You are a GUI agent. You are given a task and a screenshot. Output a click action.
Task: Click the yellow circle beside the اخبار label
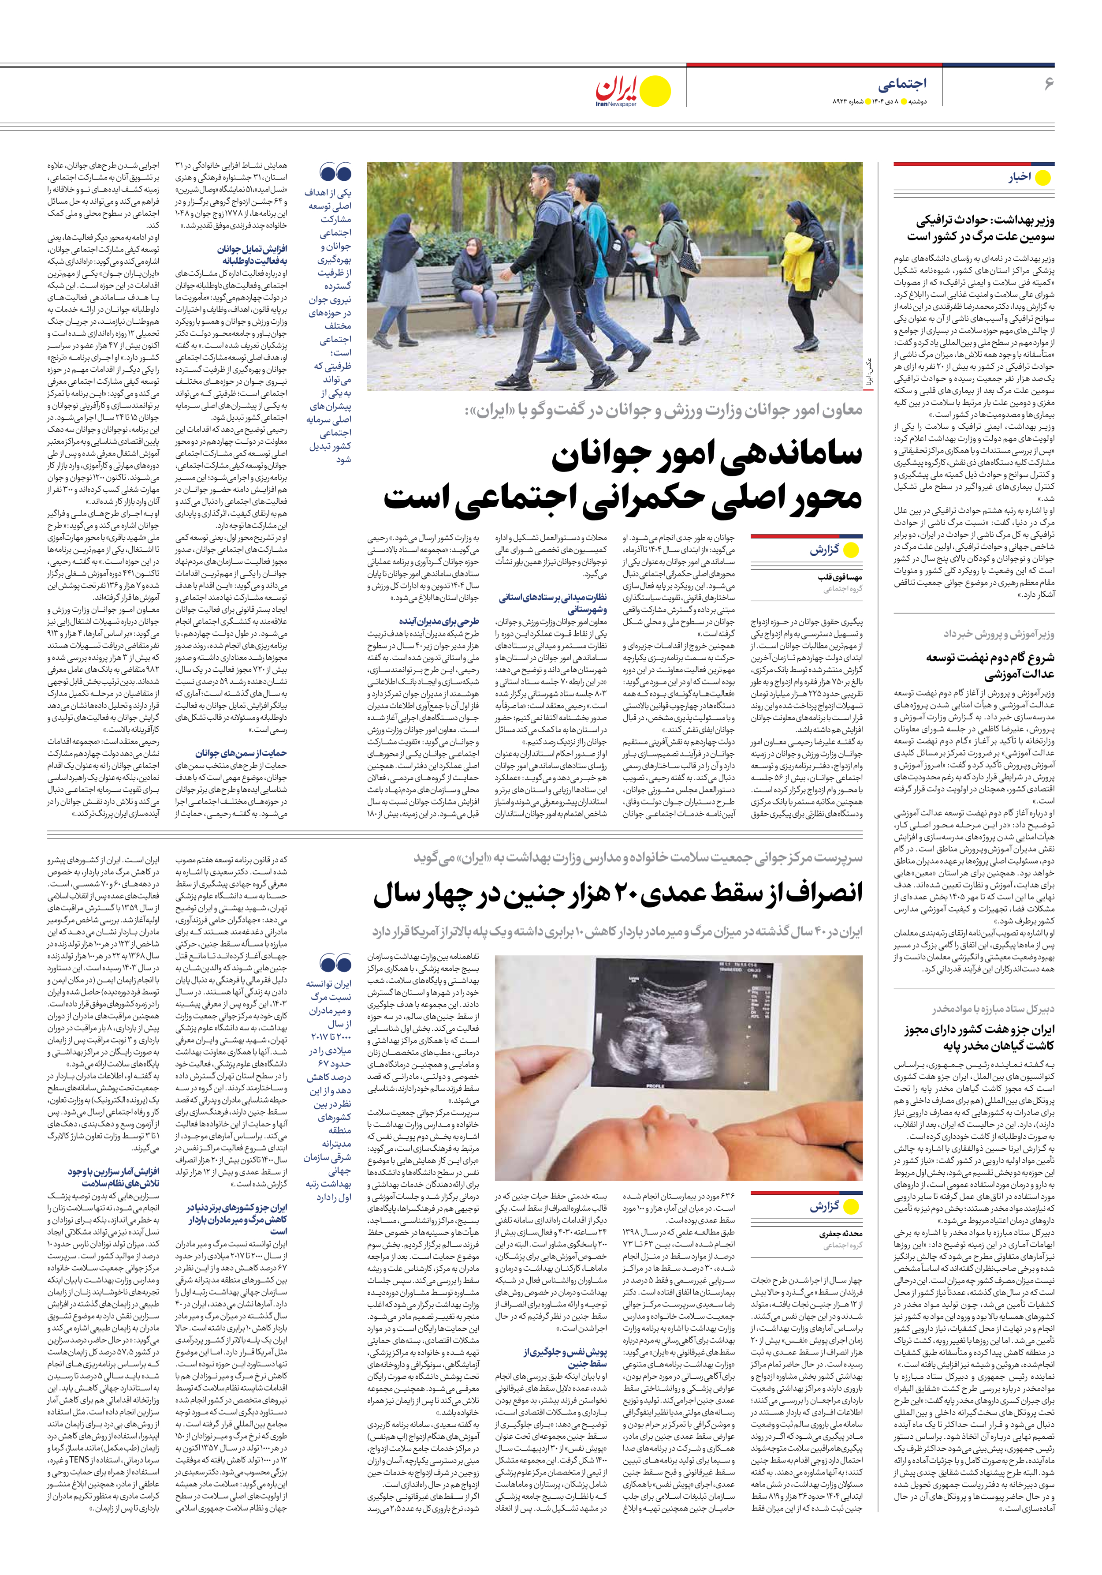1042,178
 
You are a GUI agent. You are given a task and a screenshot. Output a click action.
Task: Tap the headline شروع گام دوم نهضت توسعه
990,666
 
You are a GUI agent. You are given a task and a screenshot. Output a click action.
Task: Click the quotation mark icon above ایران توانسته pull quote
335,965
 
